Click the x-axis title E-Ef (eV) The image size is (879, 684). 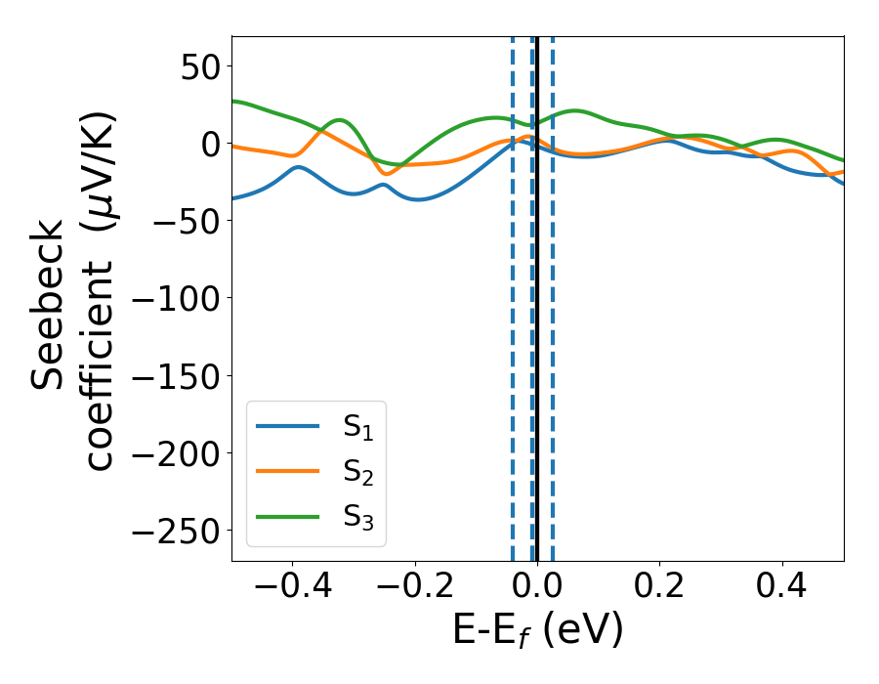click(x=537, y=631)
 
